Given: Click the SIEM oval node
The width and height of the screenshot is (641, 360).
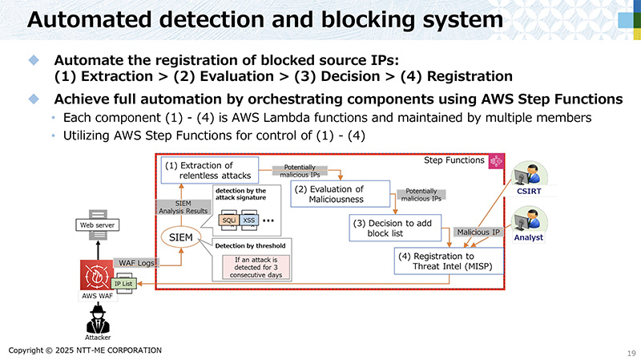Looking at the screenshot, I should tap(181, 238).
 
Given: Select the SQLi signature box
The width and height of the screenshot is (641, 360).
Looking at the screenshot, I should tap(228, 220).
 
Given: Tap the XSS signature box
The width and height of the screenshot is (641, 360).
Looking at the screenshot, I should tap(249, 220).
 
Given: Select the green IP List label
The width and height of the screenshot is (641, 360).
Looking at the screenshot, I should tap(123, 284).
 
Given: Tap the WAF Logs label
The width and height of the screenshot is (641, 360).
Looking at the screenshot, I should tap(135, 262).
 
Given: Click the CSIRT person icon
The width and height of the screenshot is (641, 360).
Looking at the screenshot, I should tap(529, 176).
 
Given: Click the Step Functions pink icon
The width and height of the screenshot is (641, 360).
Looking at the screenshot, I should tap(497, 161).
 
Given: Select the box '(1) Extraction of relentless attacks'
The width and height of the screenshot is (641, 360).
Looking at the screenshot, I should tap(208, 170).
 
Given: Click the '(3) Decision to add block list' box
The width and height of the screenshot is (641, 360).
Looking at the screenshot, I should tap(396, 228).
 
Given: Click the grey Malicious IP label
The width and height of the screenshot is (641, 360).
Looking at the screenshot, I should tap(478, 233).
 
